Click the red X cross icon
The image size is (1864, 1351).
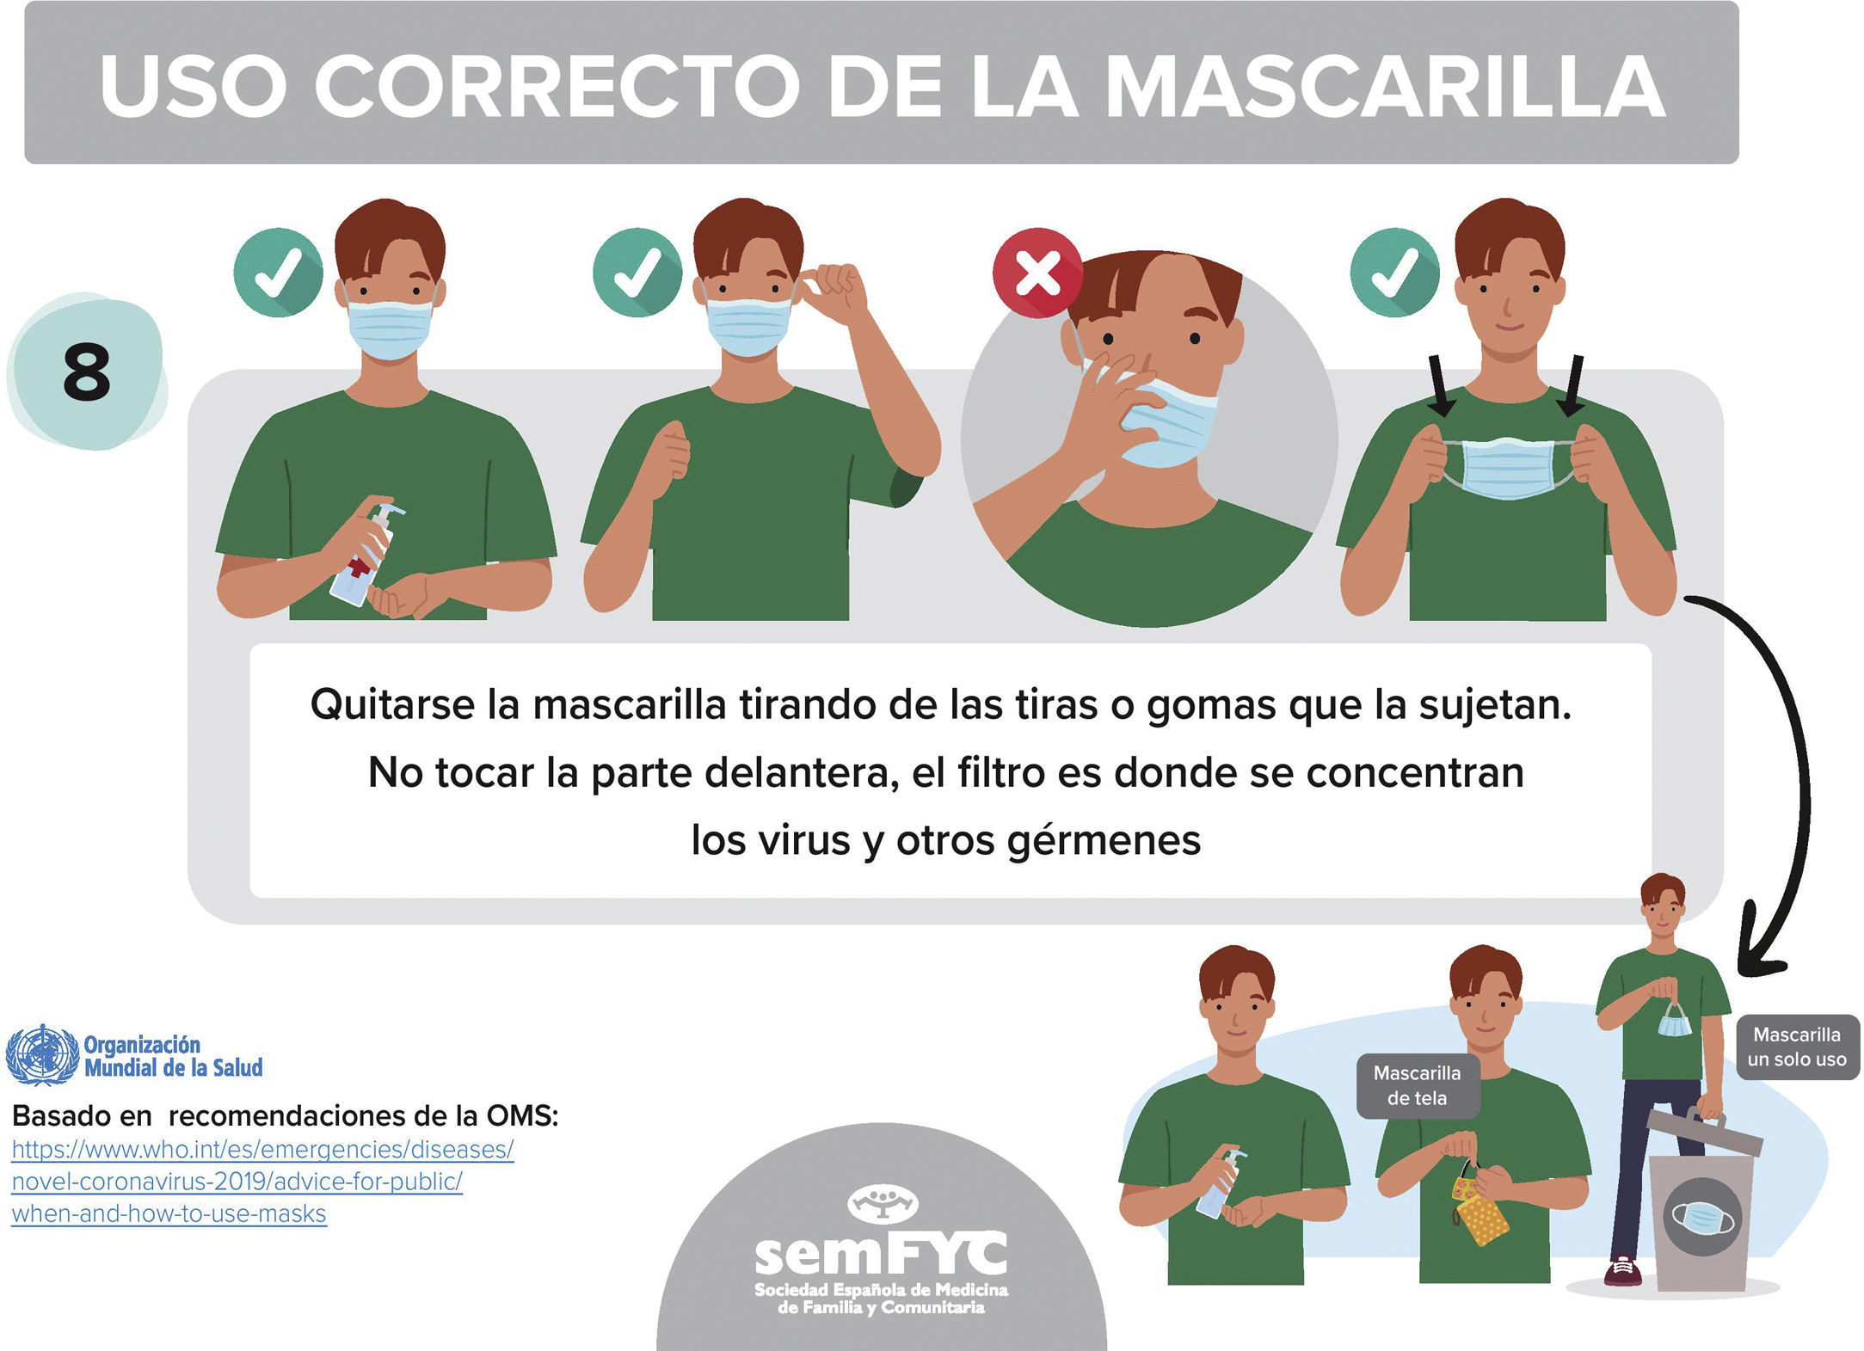coord(1037,273)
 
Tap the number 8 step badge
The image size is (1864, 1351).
coord(87,372)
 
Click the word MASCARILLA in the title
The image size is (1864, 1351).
coord(1385,87)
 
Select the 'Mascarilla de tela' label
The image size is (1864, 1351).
coord(1417,1085)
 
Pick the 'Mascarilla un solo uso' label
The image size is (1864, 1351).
coord(1797,1047)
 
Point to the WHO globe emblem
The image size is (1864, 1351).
coord(41,1054)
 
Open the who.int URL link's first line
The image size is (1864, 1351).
coord(262,1149)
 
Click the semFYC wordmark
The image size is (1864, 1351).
coord(881,1251)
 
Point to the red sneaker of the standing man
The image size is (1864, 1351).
coord(1622,1271)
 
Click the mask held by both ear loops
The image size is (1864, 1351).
coord(1509,468)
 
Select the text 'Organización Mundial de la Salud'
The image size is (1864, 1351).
coord(173,1056)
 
